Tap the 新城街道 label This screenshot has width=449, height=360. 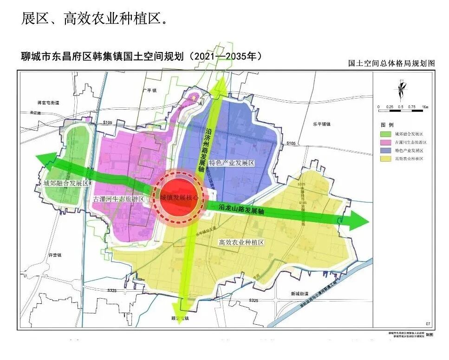click(300, 294)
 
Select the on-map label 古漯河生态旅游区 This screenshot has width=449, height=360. click(119, 199)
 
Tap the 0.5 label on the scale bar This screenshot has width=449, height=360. click(401, 107)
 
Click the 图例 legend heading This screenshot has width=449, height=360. click(387, 126)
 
